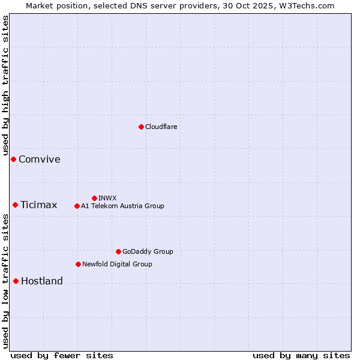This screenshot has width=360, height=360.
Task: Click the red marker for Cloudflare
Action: [x=141, y=127]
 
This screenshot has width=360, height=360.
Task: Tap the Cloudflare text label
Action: [x=161, y=127]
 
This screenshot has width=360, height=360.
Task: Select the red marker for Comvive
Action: [x=13, y=159]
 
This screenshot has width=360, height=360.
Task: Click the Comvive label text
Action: [x=40, y=159]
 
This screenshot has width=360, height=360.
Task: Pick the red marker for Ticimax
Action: [x=15, y=205]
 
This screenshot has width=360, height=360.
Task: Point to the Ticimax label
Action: [x=39, y=205]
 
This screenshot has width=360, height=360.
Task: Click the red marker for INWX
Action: [x=94, y=198]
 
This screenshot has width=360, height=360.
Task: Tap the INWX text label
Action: [x=108, y=198]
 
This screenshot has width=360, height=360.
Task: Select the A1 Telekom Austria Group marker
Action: [x=77, y=206]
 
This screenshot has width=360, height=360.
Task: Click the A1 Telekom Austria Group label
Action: [x=122, y=206]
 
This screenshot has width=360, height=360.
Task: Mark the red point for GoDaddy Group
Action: [x=118, y=251]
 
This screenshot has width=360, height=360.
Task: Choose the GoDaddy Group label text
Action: [x=148, y=251]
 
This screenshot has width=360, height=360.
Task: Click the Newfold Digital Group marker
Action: [x=78, y=264]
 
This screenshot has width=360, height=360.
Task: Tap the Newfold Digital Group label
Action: [x=117, y=264]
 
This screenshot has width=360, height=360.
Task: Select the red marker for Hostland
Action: [x=16, y=281]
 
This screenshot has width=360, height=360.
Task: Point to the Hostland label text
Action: [x=42, y=281]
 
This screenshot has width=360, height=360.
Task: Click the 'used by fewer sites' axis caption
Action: [x=62, y=355]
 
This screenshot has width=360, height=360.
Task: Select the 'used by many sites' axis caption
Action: [x=301, y=355]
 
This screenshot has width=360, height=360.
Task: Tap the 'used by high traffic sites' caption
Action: [x=5, y=85]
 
